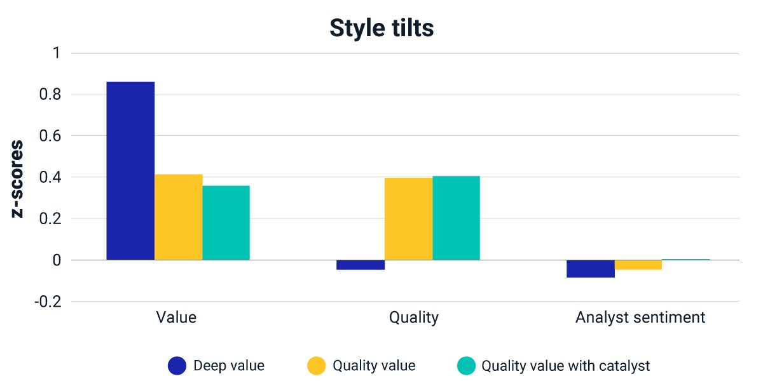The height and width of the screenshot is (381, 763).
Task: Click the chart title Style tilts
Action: pyautogui.click(x=381, y=27)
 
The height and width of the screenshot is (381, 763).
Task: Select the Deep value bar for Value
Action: pyautogui.click(x=130, y=171)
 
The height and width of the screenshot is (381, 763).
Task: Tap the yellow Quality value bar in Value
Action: pyautogui.click(x=179, y=217)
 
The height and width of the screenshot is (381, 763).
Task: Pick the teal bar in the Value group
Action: pyautogui.click(x=226, y=223)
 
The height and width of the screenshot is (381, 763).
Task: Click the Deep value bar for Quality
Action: pyautogui.click(x=361, y=265)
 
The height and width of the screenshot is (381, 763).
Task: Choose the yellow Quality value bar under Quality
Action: pyautogui.click(x=409, y=218)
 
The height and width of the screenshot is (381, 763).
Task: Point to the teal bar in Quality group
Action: pyautogui.click(x=457, y=218)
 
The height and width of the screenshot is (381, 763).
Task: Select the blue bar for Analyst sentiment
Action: pyautogui.click(x=591, y=269)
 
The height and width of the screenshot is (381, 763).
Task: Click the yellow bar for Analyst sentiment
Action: pyautogui.click(x=638, y=265)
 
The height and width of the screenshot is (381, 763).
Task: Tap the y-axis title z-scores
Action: pyautogui.click(x=17, y=179)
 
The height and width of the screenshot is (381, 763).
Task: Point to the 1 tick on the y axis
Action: pyautogui.click(x=57, y=53)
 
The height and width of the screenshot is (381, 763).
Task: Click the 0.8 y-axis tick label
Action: pyautogui.click(x=50, y=95)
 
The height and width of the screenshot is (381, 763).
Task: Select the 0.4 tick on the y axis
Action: pyautogui.click(x=50, y=177)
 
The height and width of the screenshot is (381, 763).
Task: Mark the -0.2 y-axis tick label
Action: pyautogui.click(x=48, y=302)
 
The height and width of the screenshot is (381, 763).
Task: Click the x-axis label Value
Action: pyautogui.click(x=176, y=317)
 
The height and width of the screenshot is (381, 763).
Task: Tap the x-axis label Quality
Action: pyautogui.click(x=414, y=318)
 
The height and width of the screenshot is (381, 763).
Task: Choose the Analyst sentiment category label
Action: pyautogui.click(x=640, y=318)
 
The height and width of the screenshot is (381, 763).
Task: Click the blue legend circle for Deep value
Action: pyautogui.click(x=177, y=366)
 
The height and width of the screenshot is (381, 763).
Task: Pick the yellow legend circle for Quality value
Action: pyautogui.click(x=317, y=366)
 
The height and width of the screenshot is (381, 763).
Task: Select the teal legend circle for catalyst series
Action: pyautogui.click(x=466, y=366)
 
